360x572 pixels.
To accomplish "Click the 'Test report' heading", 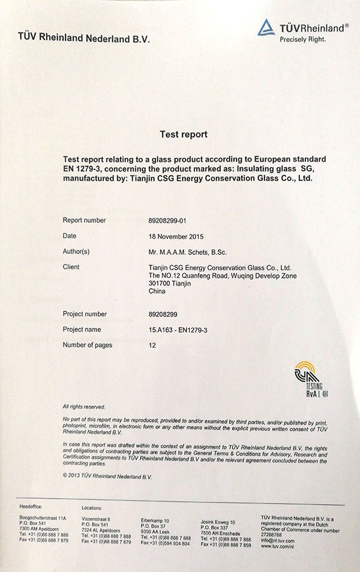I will pos(184,134).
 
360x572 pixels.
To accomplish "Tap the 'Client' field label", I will pos(71,266).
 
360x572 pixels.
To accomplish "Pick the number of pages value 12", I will pos(152,345).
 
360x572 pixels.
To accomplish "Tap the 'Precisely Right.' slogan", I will pos(302,40).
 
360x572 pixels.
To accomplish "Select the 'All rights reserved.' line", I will pos(84,406).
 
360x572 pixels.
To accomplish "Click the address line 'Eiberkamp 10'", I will pos(155,520).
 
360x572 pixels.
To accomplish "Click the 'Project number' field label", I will pos(85,314).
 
